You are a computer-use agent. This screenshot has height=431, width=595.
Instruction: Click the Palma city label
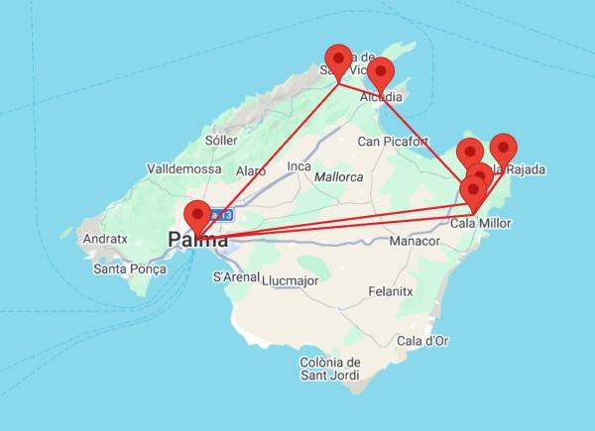point(198,240)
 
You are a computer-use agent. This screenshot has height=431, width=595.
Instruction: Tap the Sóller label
point(220,143)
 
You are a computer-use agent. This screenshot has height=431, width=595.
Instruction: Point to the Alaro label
point(250,171)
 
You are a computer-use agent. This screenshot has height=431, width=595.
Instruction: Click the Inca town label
point(299,165)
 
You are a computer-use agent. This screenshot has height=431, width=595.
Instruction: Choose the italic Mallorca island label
point(338,177)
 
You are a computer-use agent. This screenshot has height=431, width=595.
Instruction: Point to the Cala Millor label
point(480,224)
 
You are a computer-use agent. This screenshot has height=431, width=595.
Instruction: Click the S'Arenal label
point(236,277)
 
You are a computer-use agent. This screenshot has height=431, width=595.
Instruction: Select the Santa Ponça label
point(127,269)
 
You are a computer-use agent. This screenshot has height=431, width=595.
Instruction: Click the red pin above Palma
point(197,214)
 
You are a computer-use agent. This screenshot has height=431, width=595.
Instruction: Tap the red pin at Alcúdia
point(380,72)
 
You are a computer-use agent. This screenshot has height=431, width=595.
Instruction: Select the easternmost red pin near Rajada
point(504,148)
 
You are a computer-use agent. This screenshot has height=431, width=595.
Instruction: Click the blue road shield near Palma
point(217,214)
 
